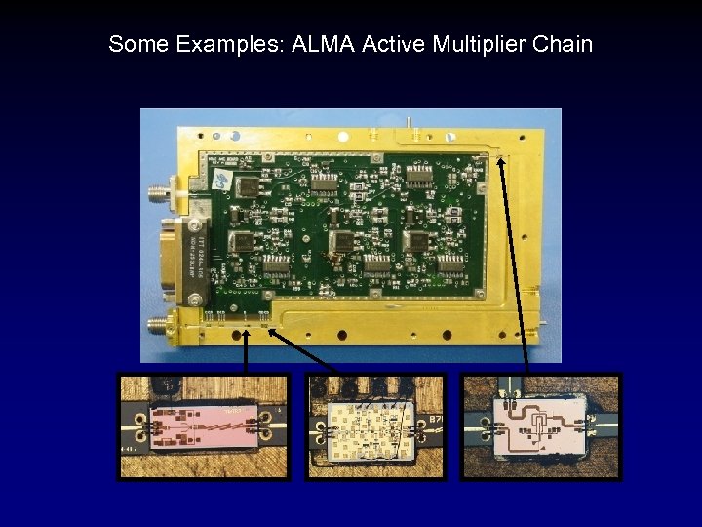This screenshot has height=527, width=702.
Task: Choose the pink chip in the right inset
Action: pyautogui.click(x=540, y=426)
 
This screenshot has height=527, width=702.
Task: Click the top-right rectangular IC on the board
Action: pyautogui.click(x=419, y=176)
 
